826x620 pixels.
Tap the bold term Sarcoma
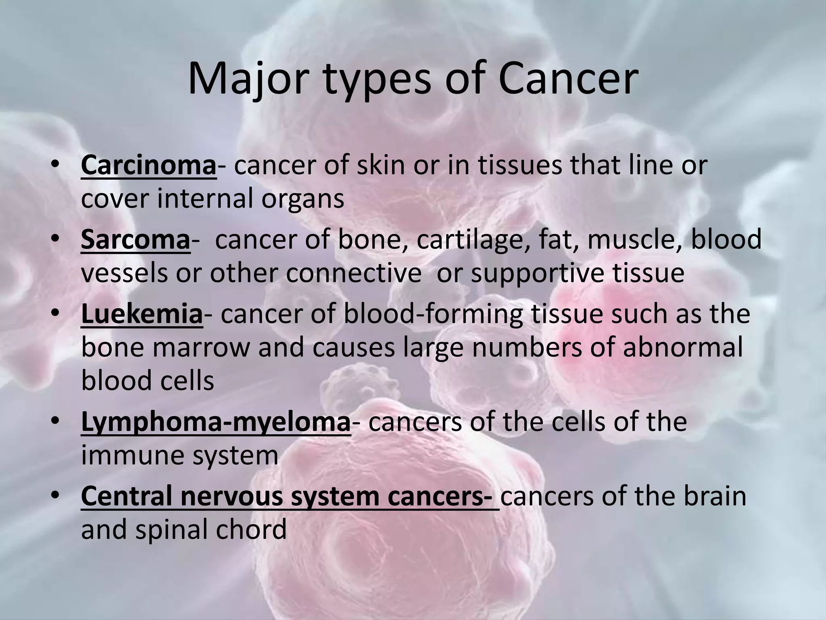coord(135,239)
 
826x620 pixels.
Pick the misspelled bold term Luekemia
coord(142,314)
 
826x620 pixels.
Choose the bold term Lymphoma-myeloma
coord(215,422)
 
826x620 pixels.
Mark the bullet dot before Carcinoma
coord(55,165)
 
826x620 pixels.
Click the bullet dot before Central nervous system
coord(55,495)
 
